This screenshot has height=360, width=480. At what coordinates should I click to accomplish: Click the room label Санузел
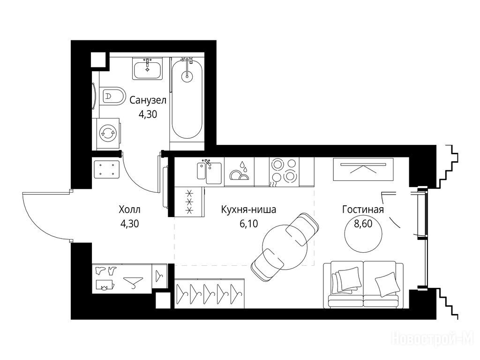[x=148, y=100]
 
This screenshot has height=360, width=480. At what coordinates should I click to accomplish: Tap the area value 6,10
[x=249, y=224]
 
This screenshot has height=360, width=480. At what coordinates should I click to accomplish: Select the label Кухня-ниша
[x=248, y=210]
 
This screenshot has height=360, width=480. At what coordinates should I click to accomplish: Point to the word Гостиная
[x=363, y=210]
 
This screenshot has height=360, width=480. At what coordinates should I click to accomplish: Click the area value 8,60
[x=363, y=224]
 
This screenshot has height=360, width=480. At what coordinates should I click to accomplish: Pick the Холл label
[x=129, y=210]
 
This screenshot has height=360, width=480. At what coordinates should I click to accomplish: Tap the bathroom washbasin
[x=148, y=68]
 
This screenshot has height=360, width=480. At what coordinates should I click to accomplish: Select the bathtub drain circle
[x=187, y=76]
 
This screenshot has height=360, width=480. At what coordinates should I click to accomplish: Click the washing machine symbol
[x=106, y=134]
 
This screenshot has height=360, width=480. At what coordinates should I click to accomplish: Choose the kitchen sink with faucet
[x=210, y=172]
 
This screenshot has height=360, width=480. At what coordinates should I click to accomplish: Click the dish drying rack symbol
[x=240, y=172]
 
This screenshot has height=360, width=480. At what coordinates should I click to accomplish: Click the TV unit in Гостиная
[x=363, y=169]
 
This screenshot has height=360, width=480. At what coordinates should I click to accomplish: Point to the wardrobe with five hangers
[x=210, y=293]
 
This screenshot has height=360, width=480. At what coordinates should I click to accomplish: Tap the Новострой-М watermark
[x=433, y=339]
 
